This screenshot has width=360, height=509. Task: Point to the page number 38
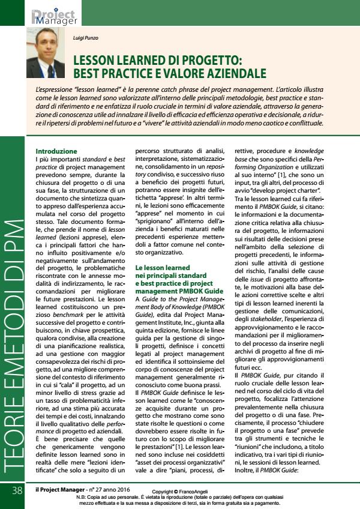(x=16, y=491)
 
